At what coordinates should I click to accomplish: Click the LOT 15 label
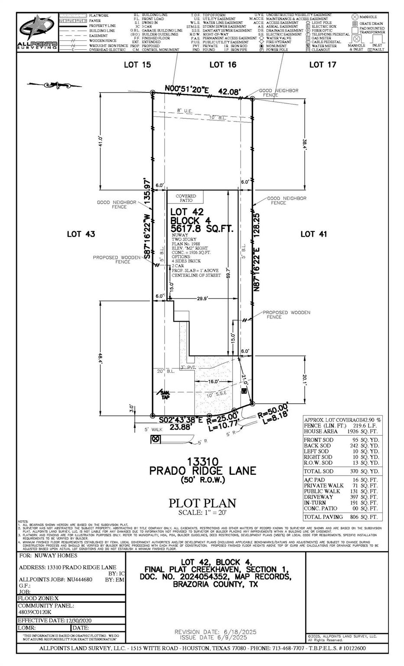click(137, 65)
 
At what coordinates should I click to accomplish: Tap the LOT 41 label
click(313, 234)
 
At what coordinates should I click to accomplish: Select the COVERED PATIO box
click(186, 198)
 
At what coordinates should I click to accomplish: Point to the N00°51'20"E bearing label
click(187, 89)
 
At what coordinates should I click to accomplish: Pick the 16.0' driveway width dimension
click(213, 381)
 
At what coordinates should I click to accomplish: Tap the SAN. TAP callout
click(165, 394)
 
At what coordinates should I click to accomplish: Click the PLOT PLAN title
click(202, 503)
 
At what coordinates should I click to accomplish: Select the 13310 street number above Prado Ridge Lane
click(202, 461)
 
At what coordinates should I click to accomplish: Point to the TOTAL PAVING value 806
click(361, 517)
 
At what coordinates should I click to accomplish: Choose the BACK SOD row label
click(317, 445)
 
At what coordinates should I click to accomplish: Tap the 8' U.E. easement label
click(185, 111)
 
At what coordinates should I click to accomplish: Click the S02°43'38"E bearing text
click(180, 420)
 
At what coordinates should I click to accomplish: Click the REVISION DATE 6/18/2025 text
click(215, 632)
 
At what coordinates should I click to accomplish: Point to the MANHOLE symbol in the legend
click(355, 17)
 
